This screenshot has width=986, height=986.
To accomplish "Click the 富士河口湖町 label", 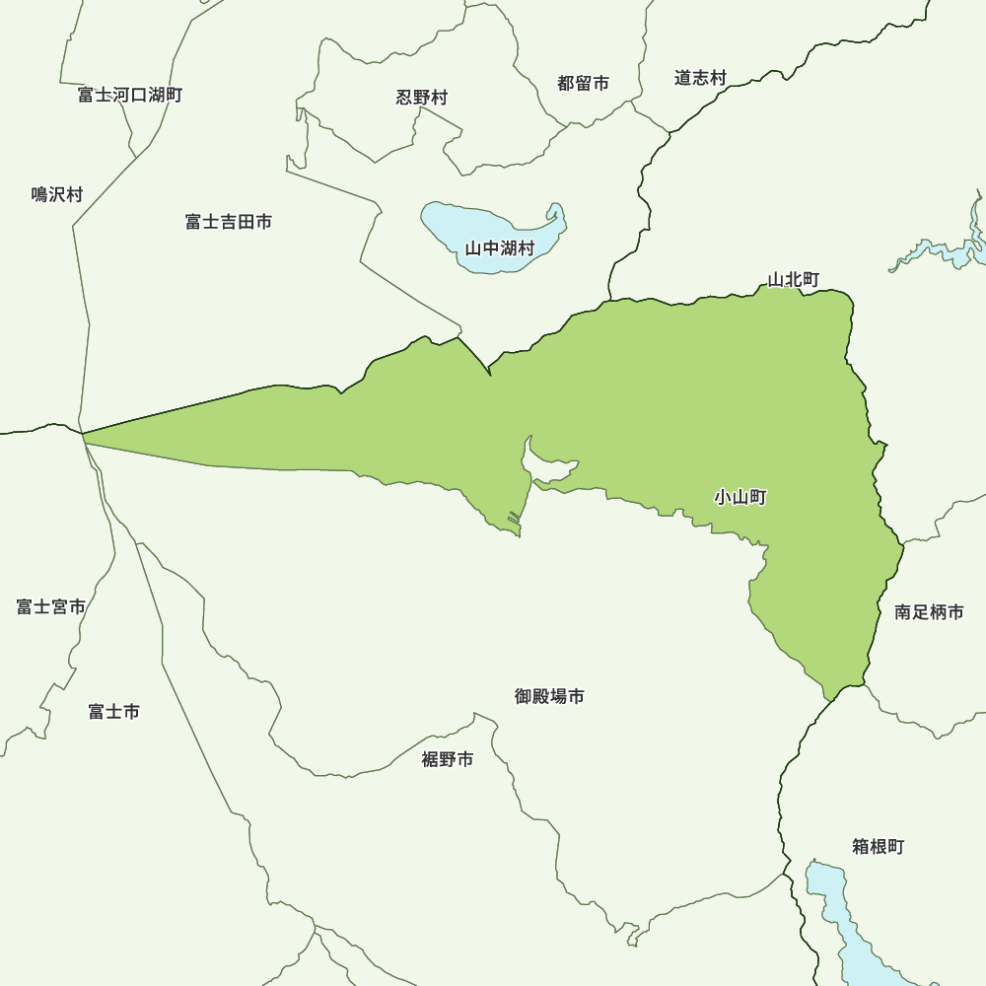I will pyautogui.click(x=130, y=95).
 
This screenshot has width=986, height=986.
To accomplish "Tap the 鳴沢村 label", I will pyautogui.click(x=57, y=194).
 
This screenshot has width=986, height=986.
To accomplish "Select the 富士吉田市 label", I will pyautogui.click(x=229, y=222).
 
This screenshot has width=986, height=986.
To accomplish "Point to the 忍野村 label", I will pyautogui.click(x=422, y=97).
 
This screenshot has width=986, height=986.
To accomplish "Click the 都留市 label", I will pyautogui.click(x=583, y=84).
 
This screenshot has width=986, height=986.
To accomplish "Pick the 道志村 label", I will pyautogui.click(x=700, y=77).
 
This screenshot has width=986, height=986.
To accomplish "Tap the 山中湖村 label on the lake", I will pyautogui.click(x=500, y=248).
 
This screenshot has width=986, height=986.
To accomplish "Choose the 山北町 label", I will pyautogui.click(x=794, y=280).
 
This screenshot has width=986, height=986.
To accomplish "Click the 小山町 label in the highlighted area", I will pyautogui.click(x=740, y=497).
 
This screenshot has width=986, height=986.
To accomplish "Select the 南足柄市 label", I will pyautogui.click(x=929, y=612).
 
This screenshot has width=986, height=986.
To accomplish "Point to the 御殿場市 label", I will pyautogui.click(x=549, y=696).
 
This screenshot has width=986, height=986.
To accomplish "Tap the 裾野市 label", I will pyautogui.click(x=448, y=759).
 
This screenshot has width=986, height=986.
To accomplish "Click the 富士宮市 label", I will pyautogui.click(x=51, y=606).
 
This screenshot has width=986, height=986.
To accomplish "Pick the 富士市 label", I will pyautogui.click(x=114, y=711).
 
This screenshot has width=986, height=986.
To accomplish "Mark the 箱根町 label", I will pyautogui.click(x=878, y=846).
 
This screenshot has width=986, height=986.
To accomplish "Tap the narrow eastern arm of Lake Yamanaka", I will pyautogui.click(x=555, y=222).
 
